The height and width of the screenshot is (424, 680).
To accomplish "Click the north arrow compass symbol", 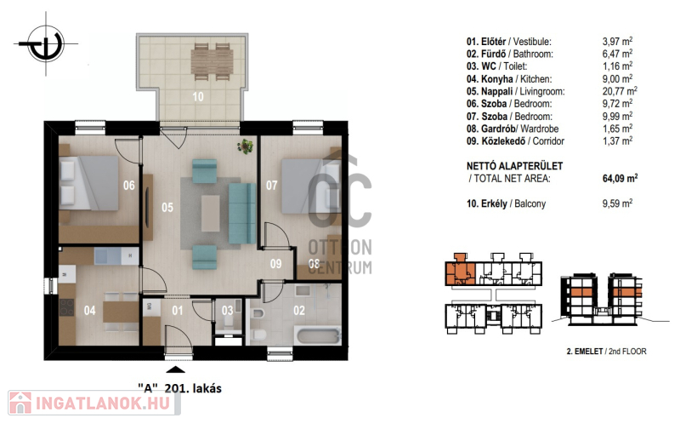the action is pyautogui.click(x=46, y=44).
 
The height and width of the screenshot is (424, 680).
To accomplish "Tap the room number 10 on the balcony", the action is pyautogui.click(x=198, y=96).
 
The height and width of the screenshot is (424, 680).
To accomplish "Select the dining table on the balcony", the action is pyautogui.click(x=212, y=61).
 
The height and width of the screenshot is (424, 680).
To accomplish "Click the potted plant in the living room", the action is pyautogui.click(x=246, y=146).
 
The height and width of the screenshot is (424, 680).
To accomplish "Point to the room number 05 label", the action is pyautogui.click(x=167, y=208).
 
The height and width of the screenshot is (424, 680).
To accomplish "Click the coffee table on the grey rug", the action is pyautogui.click(x=210, y=214).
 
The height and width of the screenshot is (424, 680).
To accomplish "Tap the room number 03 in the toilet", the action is pyautogui.click(x=227, y=310).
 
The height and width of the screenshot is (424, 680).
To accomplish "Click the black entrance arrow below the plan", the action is pyautogui.click(x=175, y=370).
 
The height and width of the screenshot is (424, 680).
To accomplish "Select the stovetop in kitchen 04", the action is pyautogui.click(x=67, y=307).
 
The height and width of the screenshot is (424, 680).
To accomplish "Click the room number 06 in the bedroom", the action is pyautogui.click(x=129, y=186).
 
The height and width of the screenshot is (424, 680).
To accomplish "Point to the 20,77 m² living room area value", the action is pyautogui.click(x=620, y=91).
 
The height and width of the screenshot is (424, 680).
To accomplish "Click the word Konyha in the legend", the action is pyautogui.click(x=497, y=79).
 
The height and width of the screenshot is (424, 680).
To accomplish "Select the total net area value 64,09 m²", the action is pyautogui.click(x=620, y=178).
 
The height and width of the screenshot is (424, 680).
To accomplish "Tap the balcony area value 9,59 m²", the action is pyautogui.click(x=617, y=203).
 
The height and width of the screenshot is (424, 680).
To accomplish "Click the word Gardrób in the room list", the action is pyautogui.click(x=498, y=129).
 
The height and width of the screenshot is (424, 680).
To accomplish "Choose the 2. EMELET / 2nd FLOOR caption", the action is pyautogui.click(x=606, y=352).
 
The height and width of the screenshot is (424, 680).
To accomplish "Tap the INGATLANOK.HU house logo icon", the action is pyautogui.click(x=20, y=403).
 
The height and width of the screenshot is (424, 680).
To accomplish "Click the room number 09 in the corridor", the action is pyautogui.click(x=275, y=264).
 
